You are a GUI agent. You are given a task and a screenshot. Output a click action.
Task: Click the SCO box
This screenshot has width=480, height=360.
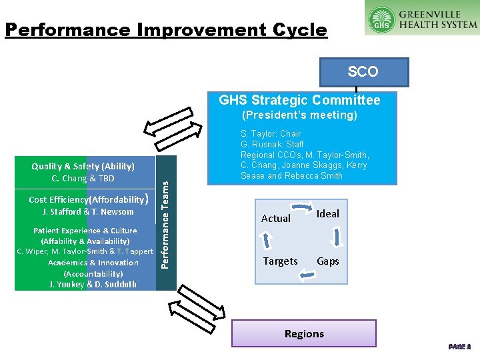pos(364,72)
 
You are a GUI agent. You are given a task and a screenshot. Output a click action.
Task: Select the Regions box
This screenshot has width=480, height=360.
pos(304,333)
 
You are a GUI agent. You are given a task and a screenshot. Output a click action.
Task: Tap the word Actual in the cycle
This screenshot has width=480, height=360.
pos(276,219)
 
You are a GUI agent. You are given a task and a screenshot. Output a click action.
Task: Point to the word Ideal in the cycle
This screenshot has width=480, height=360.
pos(328,214)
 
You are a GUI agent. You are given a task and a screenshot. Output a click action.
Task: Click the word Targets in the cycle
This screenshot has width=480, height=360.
pos(281,261)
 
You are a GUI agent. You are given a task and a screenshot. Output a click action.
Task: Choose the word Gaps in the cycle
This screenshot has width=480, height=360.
pos(328,261)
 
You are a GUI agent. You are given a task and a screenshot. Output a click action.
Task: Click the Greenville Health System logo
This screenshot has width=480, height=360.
pos(422,18)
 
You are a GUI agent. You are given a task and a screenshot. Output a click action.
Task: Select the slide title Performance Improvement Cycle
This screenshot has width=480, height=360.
pos(166,30)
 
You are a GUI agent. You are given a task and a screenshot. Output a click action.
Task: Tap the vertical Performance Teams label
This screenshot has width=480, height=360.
pos(165,222)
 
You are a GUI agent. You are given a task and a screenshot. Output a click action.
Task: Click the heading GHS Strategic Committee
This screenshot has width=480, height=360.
pos(300,101)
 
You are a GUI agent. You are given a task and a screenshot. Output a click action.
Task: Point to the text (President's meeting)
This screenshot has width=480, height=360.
pos(299,115)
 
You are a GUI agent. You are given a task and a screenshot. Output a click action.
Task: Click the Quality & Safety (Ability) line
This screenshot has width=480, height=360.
pos(83,167)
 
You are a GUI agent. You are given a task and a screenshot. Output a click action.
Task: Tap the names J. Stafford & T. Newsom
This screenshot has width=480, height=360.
pos(88,212)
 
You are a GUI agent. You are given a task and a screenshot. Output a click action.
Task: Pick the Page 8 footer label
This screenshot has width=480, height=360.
pos(460,347)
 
